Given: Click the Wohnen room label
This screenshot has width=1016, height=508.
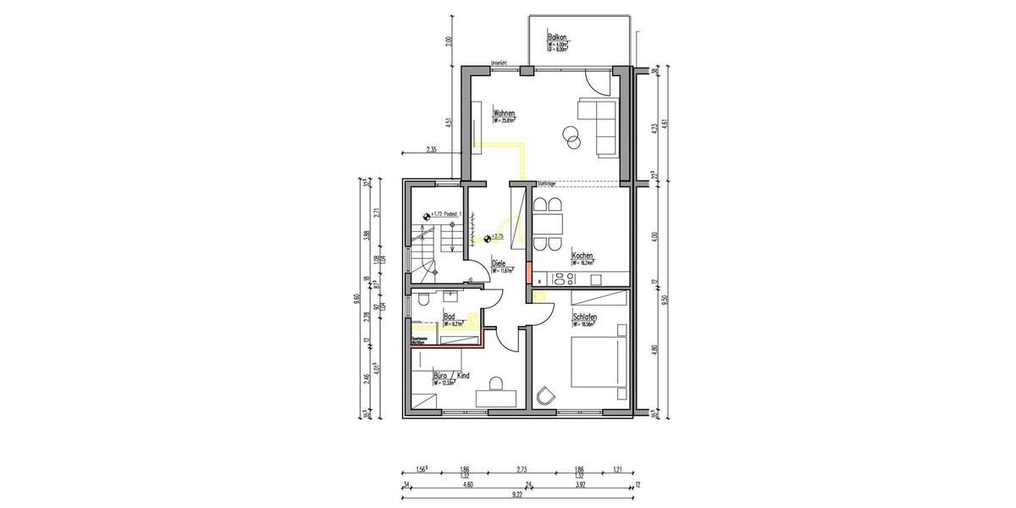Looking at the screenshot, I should [x=505, y=113].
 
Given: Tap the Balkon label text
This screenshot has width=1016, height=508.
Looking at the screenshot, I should [x=556, y=38].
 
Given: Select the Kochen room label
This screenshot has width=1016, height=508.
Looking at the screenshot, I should [x=582, y=256].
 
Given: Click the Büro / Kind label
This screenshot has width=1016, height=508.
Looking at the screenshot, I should [x=450, y=374].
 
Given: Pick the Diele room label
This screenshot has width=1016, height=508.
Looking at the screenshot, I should [x=499, y=263].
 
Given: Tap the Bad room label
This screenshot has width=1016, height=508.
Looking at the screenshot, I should [x=450, y=317].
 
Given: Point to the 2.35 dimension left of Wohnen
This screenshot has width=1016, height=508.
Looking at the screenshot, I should [x=432, y=150].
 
